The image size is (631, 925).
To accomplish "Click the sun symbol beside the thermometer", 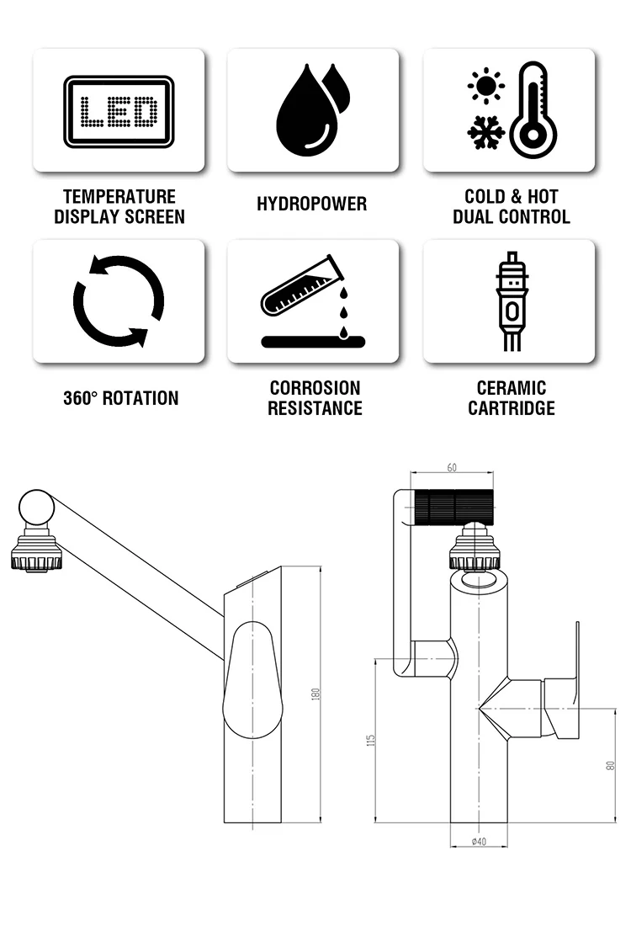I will tap(485, 86).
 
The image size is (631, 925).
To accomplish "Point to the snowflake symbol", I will tap(485, 132).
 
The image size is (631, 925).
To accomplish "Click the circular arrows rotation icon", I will tap(119, 300).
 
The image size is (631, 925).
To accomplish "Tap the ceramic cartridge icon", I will tap(509, 300).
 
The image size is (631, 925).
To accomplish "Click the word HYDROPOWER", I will tap(312, 205).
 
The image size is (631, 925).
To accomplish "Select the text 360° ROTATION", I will tap(121, 398).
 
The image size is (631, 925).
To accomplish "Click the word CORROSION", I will tap(315, 388).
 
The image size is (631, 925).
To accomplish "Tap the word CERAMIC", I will tap(511, 388).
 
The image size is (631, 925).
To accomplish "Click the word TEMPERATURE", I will tap(119, 196).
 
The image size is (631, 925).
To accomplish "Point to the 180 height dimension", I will tap(316, 694).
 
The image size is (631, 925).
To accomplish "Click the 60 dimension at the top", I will tap(452, 468).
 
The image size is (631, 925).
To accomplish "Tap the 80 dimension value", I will tap(611, 764).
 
